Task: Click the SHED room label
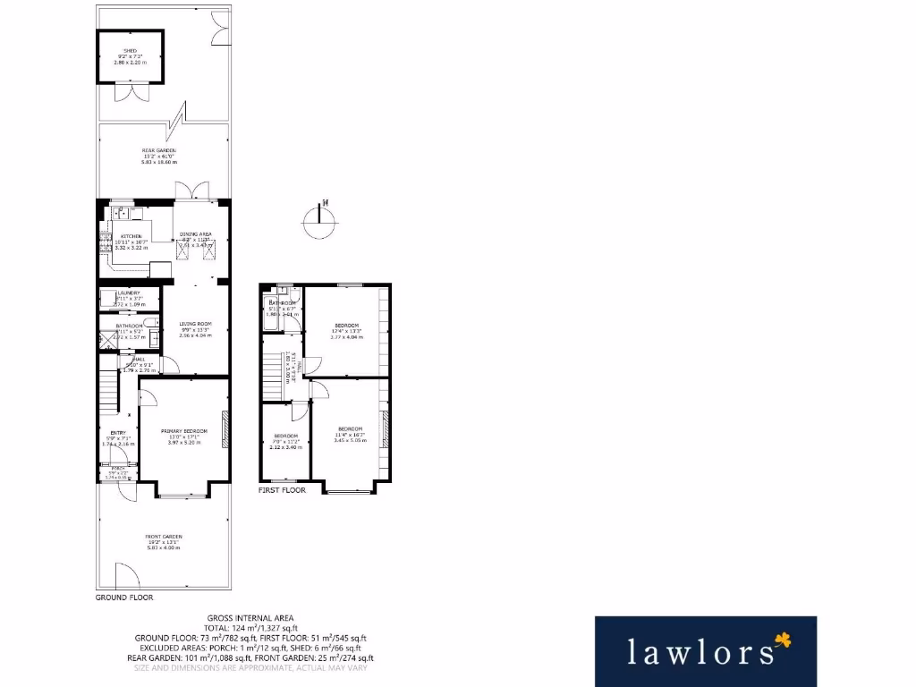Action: point(130,51)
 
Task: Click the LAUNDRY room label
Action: point(129,293)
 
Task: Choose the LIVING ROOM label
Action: point(194,324)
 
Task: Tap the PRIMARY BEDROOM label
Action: point(184,431)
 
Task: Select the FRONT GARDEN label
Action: point(164,537)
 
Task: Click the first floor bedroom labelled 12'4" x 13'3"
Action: point(347,325)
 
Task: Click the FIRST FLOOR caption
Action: point(282,490)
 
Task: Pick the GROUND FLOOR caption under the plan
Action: point(124,597)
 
